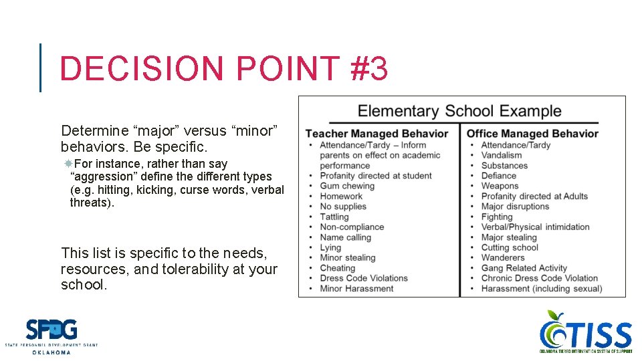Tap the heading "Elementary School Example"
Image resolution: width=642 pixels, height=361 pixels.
tap(459, 111)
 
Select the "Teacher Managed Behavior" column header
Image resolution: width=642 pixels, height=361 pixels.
tap(377, 134)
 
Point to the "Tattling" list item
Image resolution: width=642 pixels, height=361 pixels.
tap(334, 217)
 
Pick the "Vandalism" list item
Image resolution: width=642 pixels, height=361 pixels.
tap(502, 155)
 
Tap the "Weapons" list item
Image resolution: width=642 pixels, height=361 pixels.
tap(500, 186)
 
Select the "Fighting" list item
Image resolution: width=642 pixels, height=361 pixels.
tap(497, 217)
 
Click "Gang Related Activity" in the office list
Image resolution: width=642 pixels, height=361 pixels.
tap(524, 268)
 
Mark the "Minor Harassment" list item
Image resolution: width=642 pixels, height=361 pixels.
tap(356, 289)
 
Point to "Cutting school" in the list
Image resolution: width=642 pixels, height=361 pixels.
tap(510, 247)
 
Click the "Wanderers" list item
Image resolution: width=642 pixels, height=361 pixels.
tap(503, 257)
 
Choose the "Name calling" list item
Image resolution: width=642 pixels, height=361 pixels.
tap(345, 237)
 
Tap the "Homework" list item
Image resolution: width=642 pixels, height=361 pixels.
tap(341, 196)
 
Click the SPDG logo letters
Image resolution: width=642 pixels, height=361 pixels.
tap(51, 330)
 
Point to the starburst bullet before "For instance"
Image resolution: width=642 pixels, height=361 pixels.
tap(68, 164)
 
